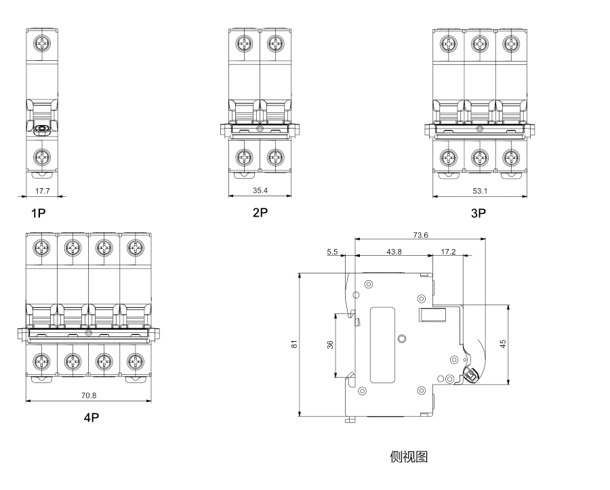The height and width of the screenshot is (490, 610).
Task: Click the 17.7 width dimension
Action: coord(43,191)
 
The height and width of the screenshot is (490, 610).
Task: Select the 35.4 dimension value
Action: coord(260,191)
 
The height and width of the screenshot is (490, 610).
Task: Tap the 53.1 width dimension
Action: coord(480,191)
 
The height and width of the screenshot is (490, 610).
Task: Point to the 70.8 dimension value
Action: coord(89,395)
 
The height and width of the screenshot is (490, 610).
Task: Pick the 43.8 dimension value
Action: coord(394,252)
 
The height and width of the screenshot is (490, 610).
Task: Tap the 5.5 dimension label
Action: coord(332,252)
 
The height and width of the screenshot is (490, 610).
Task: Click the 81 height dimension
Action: coord(294,344)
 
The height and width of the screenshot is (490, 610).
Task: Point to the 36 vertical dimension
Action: coord(330,344)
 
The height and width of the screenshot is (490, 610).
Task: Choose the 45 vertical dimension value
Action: coord(502,344)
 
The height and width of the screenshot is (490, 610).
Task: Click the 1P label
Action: coord(38,213)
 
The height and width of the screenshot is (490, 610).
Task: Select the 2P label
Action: coord(260,213)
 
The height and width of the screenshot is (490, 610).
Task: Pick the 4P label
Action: coord(91,418)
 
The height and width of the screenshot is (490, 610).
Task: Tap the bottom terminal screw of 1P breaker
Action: coord(43,157)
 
